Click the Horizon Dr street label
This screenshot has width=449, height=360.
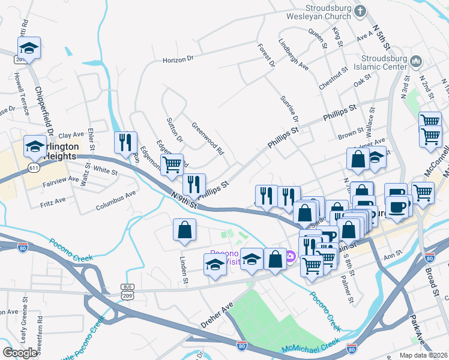[179, 59]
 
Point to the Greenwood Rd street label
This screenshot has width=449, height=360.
[207, 139]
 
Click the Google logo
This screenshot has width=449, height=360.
[20, 352]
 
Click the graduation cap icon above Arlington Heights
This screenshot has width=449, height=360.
[35, 146]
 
